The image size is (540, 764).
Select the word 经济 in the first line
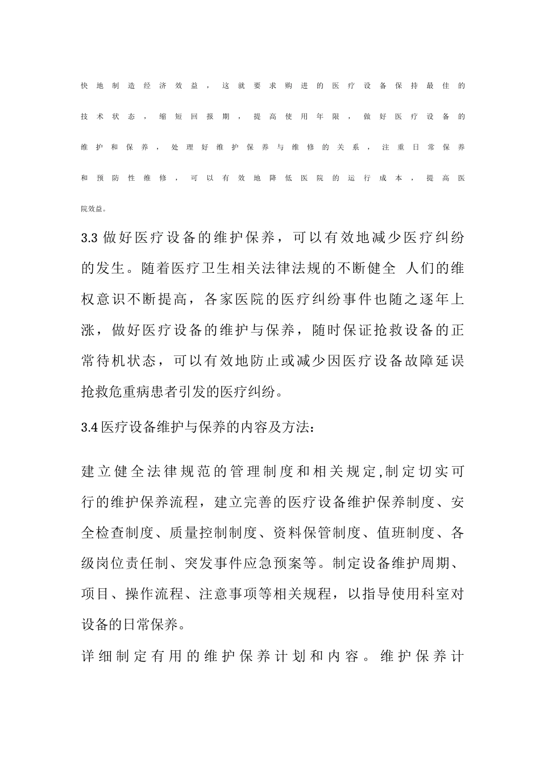[155, 86]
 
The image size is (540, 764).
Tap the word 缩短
[171, 117]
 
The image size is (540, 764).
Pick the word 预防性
[116, 178]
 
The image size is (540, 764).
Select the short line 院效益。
[94, 209]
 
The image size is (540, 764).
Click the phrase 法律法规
[301, 268]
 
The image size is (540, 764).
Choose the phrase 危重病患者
[153, 391]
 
